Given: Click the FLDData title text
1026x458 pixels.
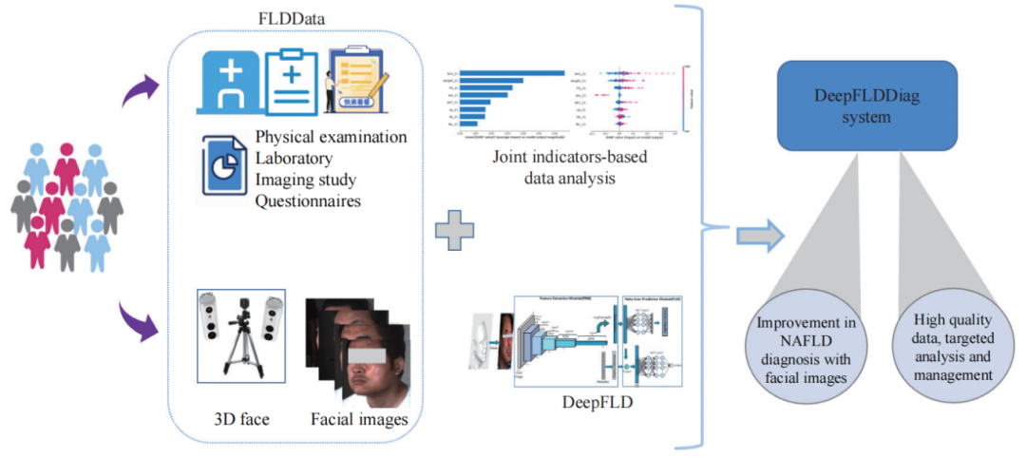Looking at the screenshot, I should pos(287,17).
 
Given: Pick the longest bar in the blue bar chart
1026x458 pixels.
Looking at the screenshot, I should pos(513,72).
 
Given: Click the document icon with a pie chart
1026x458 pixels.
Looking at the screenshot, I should pos(220,162).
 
